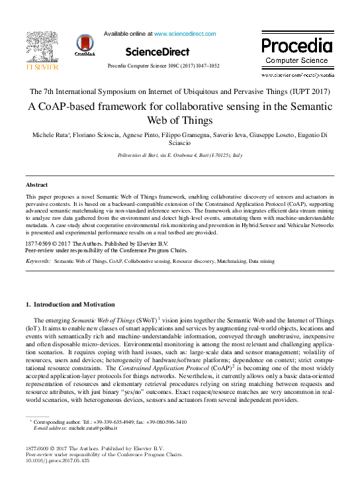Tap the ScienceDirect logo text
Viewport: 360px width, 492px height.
tap(156, 52)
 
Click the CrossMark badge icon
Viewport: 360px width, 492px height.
tap(85, 45)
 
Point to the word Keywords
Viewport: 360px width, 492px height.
tap(38, 262)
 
